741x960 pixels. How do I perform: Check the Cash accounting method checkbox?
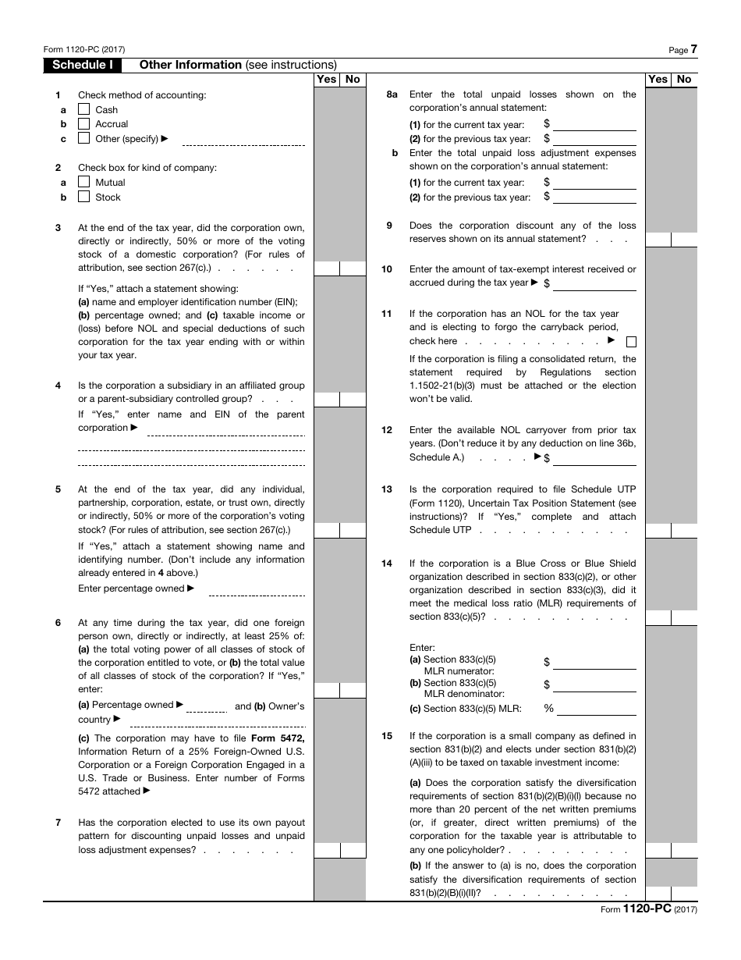83,109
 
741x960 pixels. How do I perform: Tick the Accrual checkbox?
83,124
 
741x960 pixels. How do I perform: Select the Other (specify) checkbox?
83,139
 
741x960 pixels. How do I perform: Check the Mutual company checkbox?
83,183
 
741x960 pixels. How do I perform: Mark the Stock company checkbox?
83,197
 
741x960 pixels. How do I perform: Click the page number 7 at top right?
693,49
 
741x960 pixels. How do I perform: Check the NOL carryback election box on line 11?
631,342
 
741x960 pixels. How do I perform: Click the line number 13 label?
387,489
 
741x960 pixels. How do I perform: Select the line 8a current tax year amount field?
594,124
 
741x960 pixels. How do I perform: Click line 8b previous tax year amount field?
594,197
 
